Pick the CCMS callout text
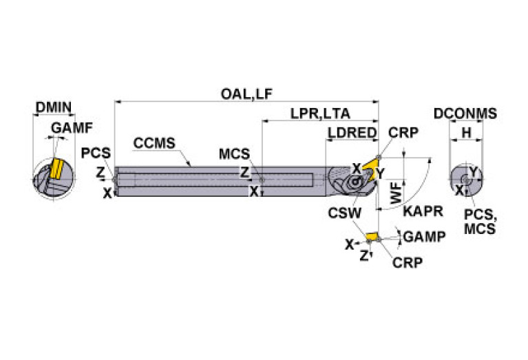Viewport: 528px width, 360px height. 154,143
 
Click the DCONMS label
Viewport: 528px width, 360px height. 465,114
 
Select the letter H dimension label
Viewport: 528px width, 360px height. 466,132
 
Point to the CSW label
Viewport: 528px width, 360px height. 344,213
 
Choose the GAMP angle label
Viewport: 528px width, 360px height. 423,236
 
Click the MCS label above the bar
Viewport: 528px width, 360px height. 235,153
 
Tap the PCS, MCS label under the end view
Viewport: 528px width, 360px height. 480,222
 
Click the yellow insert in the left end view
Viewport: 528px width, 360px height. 55,169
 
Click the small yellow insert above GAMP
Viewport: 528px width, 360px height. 372,237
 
